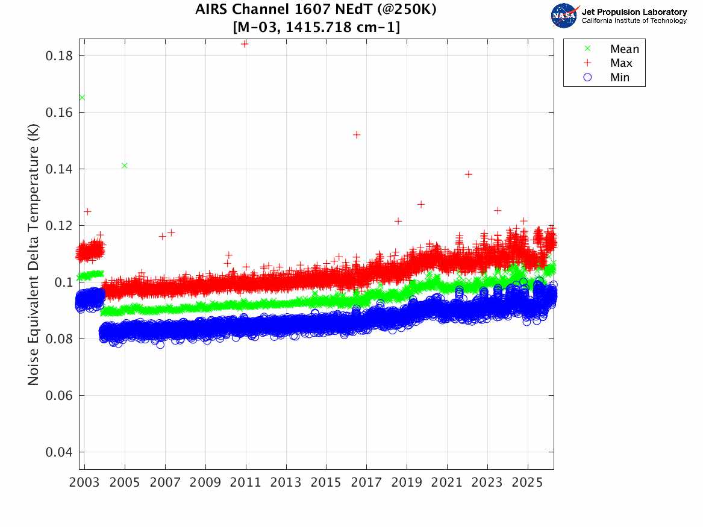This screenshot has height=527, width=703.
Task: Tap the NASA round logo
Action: coord(564,15)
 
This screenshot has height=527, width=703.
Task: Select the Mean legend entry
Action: coord(624,49)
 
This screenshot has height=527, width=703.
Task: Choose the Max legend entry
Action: coord(621,63)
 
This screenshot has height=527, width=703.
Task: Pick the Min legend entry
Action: coord(620,78)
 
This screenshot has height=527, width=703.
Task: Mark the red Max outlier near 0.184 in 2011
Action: coord(245,43)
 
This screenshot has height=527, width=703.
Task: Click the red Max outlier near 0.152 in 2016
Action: coord(357,135)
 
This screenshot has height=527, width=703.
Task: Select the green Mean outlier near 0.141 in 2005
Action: coord(125,166)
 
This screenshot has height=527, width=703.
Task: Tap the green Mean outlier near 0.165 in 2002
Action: coord(82,98)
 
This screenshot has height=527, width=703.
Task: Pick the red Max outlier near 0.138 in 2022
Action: coord(469,175)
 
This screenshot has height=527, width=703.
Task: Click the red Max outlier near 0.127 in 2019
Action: coord(421,205)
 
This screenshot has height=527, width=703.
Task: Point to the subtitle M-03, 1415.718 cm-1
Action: coord(316,27)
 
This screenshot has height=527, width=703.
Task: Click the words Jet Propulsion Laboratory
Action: coord(634,11)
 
